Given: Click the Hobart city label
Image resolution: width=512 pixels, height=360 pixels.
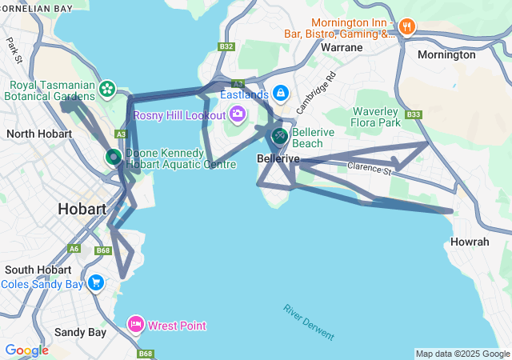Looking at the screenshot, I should click(x=82, y=209).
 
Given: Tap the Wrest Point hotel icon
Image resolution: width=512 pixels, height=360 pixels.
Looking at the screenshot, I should click(x=135, y=324).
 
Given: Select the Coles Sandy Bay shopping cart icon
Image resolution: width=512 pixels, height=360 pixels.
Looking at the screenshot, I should click(x=96, y=282).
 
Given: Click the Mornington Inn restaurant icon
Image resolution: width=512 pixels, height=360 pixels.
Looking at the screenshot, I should click(x=407, y=27).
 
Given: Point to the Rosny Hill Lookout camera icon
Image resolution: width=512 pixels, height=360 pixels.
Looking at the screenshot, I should click(x=237, y=114).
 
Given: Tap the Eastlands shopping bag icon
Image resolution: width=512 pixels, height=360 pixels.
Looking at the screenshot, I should click(x=280, y=94).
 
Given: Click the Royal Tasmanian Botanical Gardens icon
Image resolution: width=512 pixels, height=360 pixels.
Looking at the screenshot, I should click(x=107, y=88).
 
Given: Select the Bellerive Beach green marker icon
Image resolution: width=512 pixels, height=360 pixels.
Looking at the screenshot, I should click(x=279, y=136).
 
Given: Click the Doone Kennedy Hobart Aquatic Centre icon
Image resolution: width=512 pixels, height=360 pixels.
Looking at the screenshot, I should click(x=114, y=157).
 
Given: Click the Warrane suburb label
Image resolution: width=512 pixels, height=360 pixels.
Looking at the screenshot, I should click(x=342, y=47).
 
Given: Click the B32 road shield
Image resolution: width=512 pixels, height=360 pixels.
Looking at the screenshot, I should click(x=226, y=46).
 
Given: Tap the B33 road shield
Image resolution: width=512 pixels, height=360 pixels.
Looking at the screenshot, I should click(x=414, y=114).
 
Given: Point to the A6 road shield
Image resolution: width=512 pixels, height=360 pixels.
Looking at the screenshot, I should click(x=74, y=249).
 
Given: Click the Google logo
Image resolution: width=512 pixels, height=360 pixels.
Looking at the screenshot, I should click(x=26, y=350).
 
